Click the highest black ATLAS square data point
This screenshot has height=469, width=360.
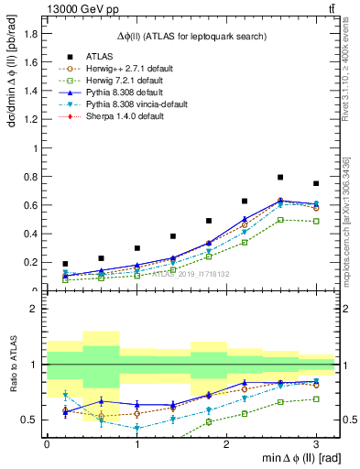pos(280,177)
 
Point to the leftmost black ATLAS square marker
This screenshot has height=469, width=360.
pos(65,264)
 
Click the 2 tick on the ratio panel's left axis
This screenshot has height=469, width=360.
pos(37,309)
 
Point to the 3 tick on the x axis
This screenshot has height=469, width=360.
pos(316,444)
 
